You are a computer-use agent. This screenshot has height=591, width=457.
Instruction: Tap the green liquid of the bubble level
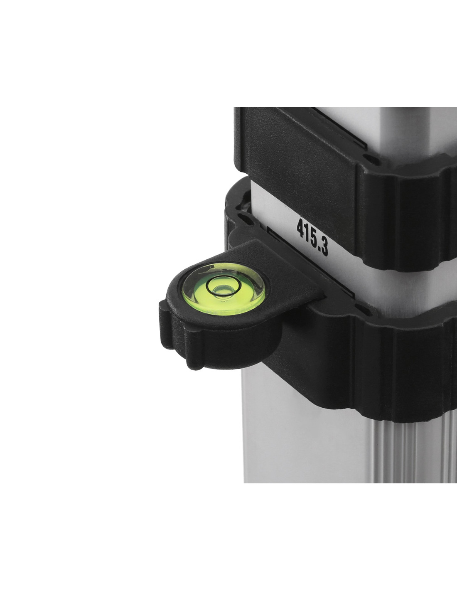click(224, 289)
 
